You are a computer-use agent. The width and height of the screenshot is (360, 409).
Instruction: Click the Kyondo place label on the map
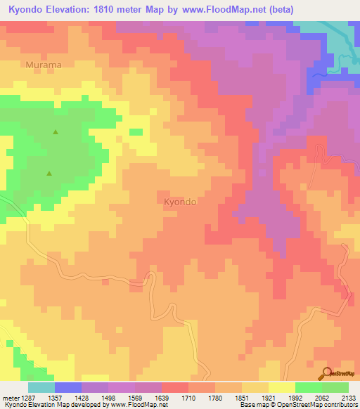pyautogui.click(x=180, y=202)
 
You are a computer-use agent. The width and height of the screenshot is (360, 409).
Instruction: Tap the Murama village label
pyautogui.click(x=44, y=65)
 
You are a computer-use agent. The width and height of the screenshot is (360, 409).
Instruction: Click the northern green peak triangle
pyautogui.click(x=55, y=131)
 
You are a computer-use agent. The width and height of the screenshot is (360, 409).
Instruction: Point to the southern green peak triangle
pyautogui.click(x=49, y=173)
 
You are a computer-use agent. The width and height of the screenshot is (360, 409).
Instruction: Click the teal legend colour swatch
pyautogui.click(x=41, y=387)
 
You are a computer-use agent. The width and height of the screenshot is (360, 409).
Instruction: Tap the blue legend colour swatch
pyautogui.click(x=67, y=387)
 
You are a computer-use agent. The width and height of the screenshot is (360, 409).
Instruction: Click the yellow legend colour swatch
pyautogui.click(x=281, y=387)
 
